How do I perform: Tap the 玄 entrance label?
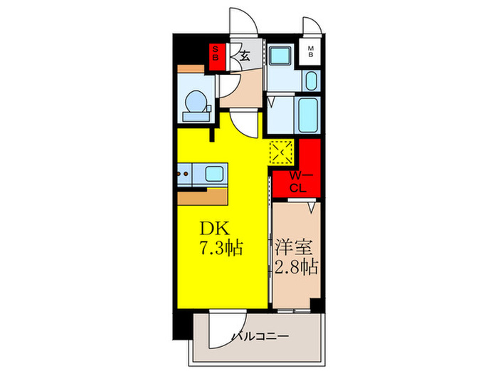point(244,56)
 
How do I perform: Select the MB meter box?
point(311,51)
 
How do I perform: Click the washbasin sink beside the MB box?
point(311,79)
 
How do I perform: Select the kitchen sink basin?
point(214,172)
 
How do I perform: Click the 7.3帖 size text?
point(221,249)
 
